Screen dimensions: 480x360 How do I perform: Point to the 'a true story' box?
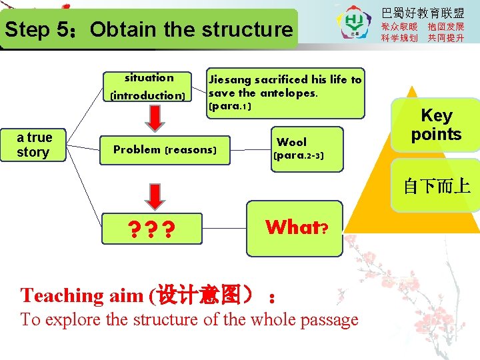(34, 145)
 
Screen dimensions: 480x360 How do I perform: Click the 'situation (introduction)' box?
(149, 87)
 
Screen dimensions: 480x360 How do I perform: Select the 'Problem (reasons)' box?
(165, 150)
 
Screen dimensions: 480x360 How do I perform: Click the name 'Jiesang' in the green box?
(230, 80)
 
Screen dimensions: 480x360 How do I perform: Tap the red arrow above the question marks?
(153, 197)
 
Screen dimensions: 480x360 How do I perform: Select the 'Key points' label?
(436, 125)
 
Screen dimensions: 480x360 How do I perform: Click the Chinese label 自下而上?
(437, 186)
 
